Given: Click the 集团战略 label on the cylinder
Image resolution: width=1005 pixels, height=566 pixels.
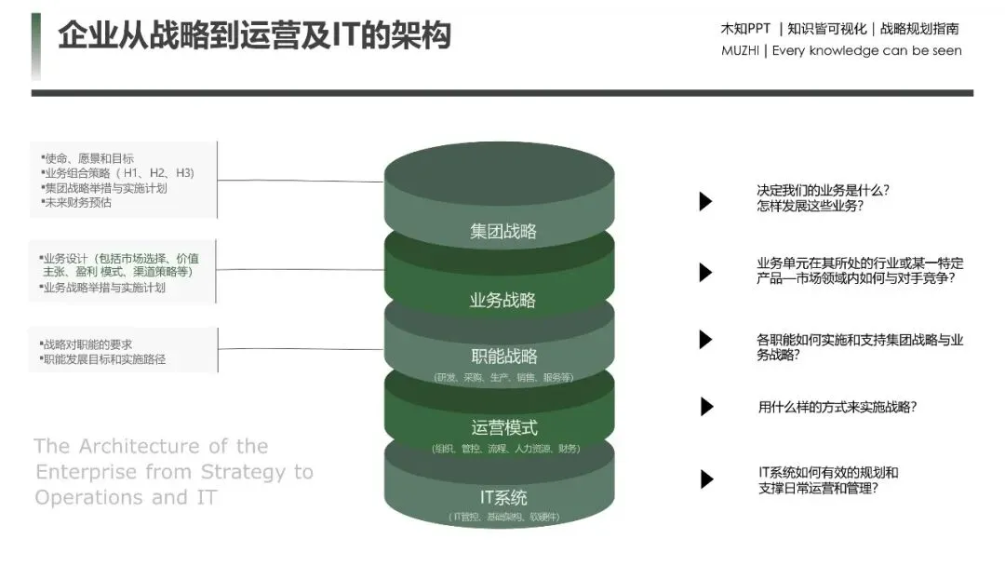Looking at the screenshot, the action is coord(502,231).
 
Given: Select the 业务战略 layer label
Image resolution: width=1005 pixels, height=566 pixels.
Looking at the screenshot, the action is coord(502,300).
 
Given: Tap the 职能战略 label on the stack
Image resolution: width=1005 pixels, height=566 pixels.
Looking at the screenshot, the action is coord(502,357).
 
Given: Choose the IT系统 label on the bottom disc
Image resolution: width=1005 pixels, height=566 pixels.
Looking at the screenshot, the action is coord(503,497).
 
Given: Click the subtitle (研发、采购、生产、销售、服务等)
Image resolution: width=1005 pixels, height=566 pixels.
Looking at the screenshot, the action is coord(503,377).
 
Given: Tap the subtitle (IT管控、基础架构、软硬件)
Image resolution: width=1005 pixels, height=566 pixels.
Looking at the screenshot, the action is coord(503,517).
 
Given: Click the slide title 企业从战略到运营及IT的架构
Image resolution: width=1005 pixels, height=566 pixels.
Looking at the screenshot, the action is coord(254,35).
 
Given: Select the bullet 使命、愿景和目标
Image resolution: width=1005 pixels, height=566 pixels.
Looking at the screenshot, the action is coord(88,159).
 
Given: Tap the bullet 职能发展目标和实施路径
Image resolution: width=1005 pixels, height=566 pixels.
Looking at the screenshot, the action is coord(104,358).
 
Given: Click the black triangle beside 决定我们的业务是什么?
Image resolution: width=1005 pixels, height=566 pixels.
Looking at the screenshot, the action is coord(705,200).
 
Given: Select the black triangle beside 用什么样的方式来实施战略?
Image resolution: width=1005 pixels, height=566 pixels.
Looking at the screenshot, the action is coord(706,407).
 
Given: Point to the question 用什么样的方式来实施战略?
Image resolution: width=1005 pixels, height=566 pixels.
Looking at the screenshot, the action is coord(837,407).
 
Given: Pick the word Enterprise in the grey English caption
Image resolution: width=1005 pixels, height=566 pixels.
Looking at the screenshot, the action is coord(87,472).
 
